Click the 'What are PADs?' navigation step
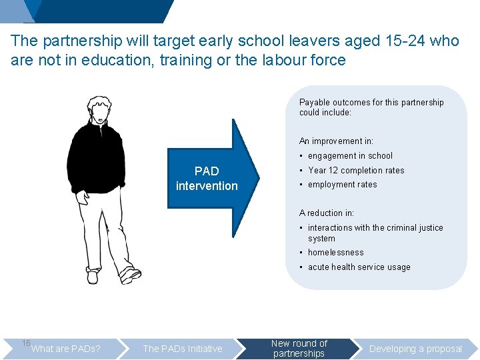pyautogui.click(x=66, y=349)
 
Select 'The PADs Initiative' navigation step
pyautogui.click(x=182, y=349)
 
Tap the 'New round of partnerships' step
pyautogui.click(x=299, y=349)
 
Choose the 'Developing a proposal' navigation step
pyautogui.click(x=415, y=349)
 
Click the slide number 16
pyautogui.click(x=26, y=343)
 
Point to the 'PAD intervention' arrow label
pyautogui.click(x=206, y=179)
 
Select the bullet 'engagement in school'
pyautogui.click(x=350, y=156)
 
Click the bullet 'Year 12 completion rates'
pyautogui.click(x=356, y=171)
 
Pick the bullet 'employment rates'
pyautogui.click(x=342, y=185)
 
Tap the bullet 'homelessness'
pyautogui.click(x=335, y=253)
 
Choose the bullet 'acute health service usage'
pyautogui.click(x=359, y=267)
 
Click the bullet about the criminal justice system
pyautogui.click(x=375, y=233)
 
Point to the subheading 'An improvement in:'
pyautogui.click(x=336, y=141)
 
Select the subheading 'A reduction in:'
pyautogui.click(x=327, y=213)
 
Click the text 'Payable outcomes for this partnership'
pyautogui.click(x=371, y=103)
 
